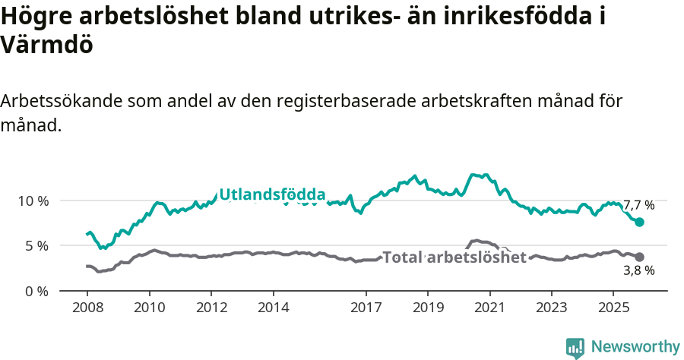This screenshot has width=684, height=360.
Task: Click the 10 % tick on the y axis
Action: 33,201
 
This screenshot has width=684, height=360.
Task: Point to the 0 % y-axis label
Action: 36,291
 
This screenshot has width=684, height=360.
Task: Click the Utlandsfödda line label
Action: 272,195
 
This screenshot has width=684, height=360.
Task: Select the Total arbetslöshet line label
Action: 454,257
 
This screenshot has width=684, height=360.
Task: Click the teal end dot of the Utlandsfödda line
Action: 640,222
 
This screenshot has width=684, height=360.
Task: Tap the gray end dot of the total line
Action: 640,257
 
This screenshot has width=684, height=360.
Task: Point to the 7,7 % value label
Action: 638,205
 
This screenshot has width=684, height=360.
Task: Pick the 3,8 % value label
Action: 638,270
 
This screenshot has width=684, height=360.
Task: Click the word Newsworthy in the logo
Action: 635,347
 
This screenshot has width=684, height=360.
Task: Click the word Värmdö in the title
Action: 47,45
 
